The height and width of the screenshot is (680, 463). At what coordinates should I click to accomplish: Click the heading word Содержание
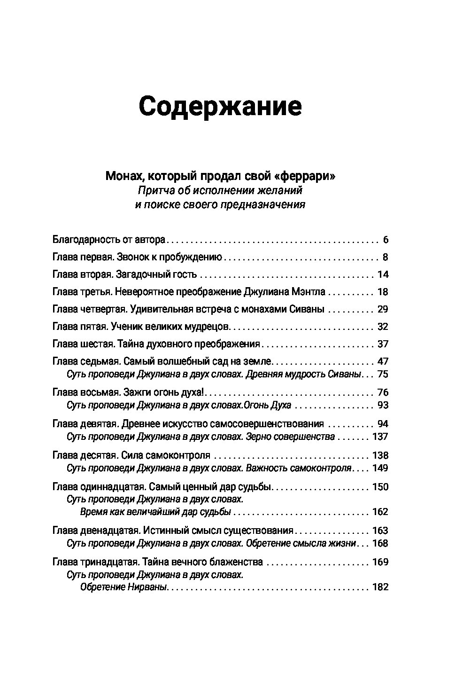tap(220, 107)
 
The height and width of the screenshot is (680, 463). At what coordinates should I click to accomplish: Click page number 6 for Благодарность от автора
tap(386, 240)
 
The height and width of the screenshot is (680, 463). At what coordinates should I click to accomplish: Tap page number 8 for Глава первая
tap(386, 258)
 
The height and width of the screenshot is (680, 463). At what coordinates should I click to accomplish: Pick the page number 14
tap(383, 275)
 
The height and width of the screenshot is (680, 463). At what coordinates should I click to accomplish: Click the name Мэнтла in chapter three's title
tap(308, 292)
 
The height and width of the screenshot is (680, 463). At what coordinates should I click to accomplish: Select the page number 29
tap(383, 309)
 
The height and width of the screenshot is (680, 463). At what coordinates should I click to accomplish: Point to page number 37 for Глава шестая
tap(383, 344)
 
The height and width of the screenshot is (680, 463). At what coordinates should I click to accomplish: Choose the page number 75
tap(383, 375)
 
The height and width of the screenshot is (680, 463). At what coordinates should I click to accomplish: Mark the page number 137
tap(380, 437)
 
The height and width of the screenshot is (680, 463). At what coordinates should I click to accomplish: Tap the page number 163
tap(380, 531)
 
